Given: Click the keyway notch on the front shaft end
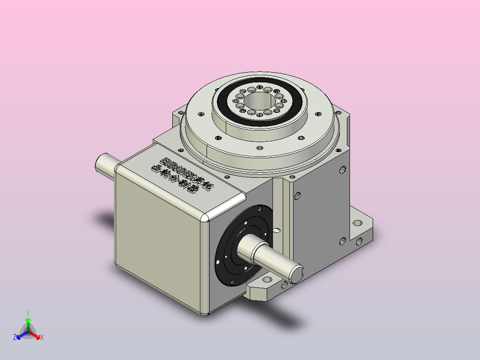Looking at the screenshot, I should point(298,269).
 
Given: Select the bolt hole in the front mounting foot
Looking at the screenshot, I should point(267,280).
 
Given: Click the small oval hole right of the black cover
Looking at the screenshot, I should point(277,230).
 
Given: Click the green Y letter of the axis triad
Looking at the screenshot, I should point(28,313).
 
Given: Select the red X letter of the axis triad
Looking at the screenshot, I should point(41,337).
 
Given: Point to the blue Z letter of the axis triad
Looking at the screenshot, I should point(15,337).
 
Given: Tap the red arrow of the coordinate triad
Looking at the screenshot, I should point(36,335).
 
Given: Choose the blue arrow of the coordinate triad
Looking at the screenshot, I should point(20,335).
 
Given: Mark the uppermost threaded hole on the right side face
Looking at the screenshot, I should point(342,169).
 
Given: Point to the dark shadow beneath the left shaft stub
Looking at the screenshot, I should point(107,219).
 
